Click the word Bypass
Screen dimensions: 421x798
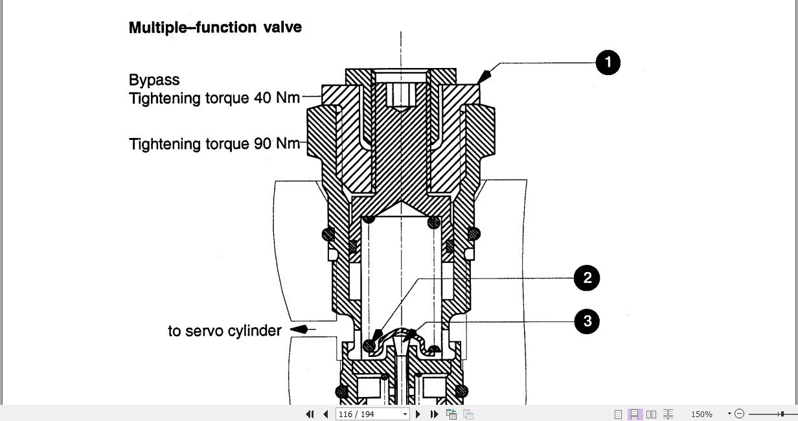click(x=154, y=80)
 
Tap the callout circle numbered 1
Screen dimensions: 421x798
click(x=608, y=63)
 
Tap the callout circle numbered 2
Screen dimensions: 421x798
click(x=587, y=279)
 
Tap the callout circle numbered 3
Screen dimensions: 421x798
click(x=587, y=321)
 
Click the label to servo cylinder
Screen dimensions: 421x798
click(x=225, y=331)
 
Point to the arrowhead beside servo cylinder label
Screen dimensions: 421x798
click(x=299, y=330)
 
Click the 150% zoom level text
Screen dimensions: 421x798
click(x=701, y=414)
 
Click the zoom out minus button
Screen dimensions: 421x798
click(x=740, y=414)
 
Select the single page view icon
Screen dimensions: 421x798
click(x=618, y=414)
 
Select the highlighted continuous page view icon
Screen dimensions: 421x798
click(x=635, y=414)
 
